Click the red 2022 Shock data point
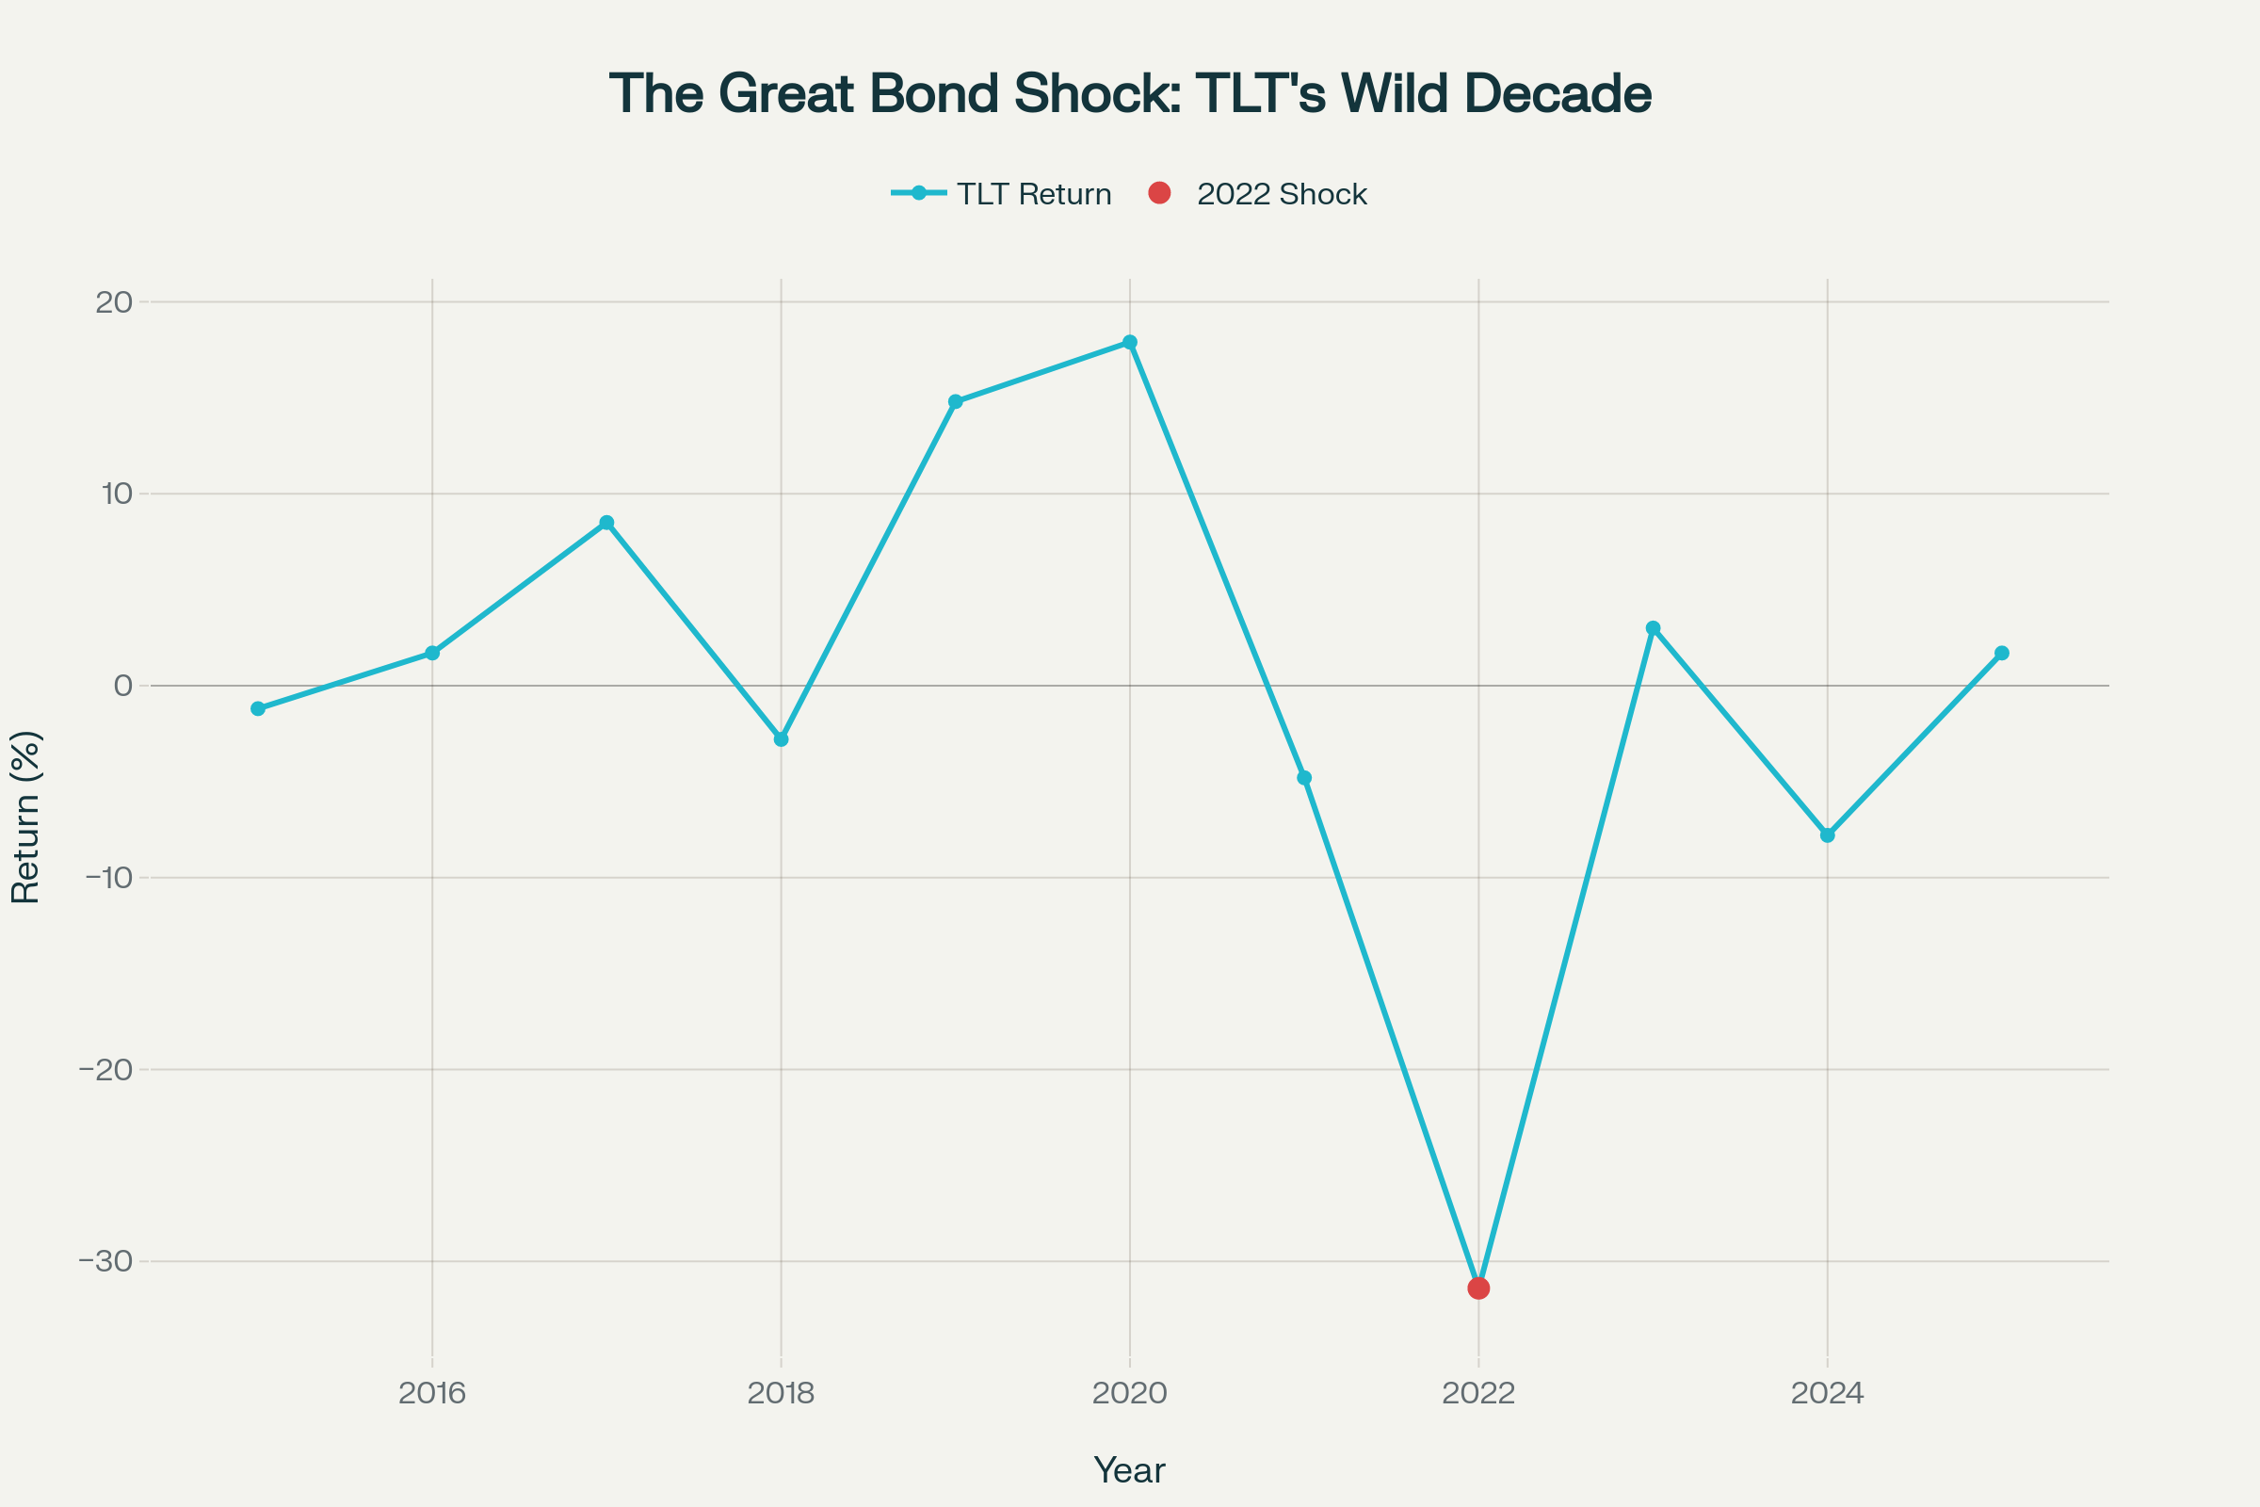(x=1478, y=1288)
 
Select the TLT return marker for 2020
(x=1130, y=342)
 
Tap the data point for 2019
(x=955, y=402)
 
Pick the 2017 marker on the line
(x=606, y=523)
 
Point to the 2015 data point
(x=257, y=708)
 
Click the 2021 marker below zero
(x=1304, y=778)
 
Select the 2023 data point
(x=1653, y=628)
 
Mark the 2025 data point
(x=2002, y=654)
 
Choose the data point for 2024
(x=1828, y=835)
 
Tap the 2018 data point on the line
(x=782, y=739)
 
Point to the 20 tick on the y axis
(x=113, y=301)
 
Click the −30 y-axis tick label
(x=105, y=1261)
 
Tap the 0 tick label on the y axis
(x=123, y=686)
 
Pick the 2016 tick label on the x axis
(x=432, y=1394)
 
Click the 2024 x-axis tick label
(x=1828, y=1394)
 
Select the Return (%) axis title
(x=26, y=818)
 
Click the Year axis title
(x=1129, y=1470)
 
